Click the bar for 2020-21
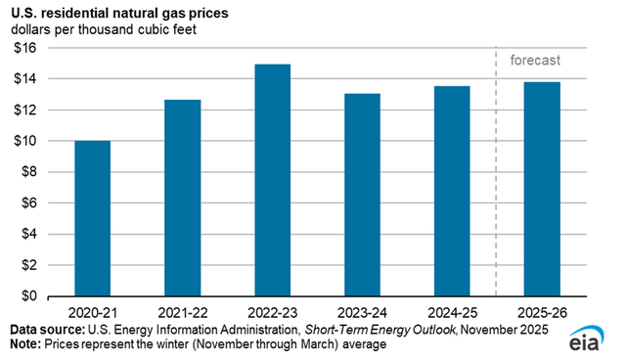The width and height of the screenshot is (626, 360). click(92, 218)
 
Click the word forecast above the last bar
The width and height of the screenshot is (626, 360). click(534, 62)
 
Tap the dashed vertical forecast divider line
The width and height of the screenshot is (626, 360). click(497, 176)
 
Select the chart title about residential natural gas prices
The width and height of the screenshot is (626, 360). click(127, 13)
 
